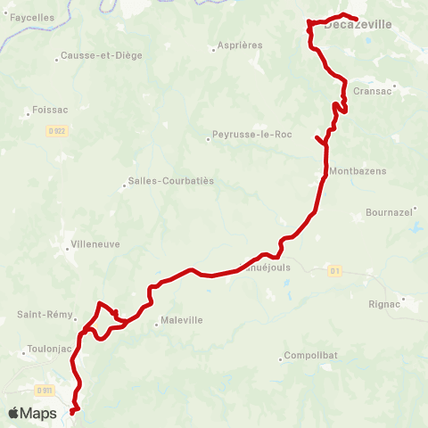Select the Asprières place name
pyautogui.click(x=239, y=45)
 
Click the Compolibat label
pyautogui.click(x=309, y=356)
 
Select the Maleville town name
pyautogui.click(x=182, y=321)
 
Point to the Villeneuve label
pyautogui.click(x=97, y=243)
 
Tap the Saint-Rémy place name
pyautogui.click(x=39, y=315)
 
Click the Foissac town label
pyautogui.click(x=45, y=112)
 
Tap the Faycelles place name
pyautogui.click(x=32, y=17)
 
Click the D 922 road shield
pyautogui.click(x=55, y=131)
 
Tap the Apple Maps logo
pyautogui.click(x=32, y=413)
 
